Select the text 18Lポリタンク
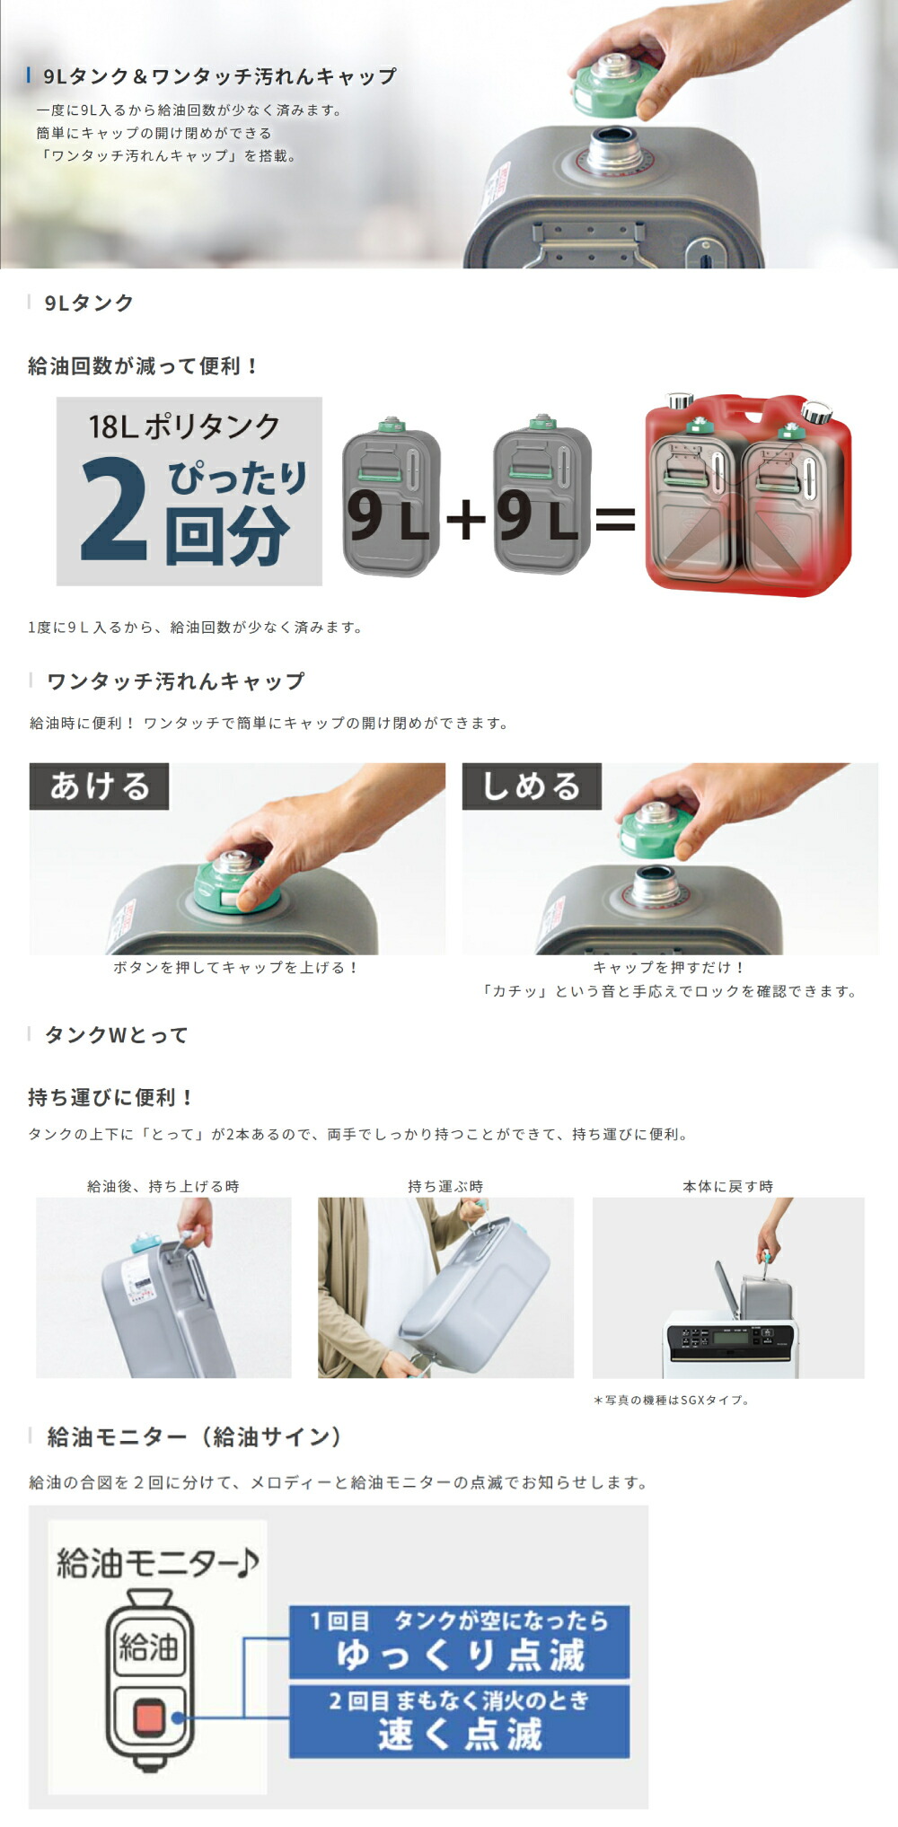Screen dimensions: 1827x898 [x=185, y=426]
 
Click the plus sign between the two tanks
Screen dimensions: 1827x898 [x=466, y=518]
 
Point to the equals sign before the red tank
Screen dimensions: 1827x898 [x=615, y=518]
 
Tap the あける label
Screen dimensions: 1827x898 [x=99, y=786]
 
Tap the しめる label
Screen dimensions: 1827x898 [x=532, y=786]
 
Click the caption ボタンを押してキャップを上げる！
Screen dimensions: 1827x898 [x=236, y=968]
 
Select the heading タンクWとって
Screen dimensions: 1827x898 [x=117, y=1035]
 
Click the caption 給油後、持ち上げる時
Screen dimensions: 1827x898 [x=163, y=1186]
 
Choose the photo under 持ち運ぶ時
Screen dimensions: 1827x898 [x=445, y=1287]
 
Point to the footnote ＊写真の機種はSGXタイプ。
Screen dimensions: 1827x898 [x=671, y=1400]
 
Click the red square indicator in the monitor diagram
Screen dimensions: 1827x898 [x=149, y=1718]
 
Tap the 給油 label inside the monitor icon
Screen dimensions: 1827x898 [x=149, y=1647]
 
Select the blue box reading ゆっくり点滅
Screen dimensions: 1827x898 [x=459, y=1642]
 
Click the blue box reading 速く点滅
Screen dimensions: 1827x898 [x=459, y=1722]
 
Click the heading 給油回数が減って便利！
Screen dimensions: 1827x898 [x=144, y=366]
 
